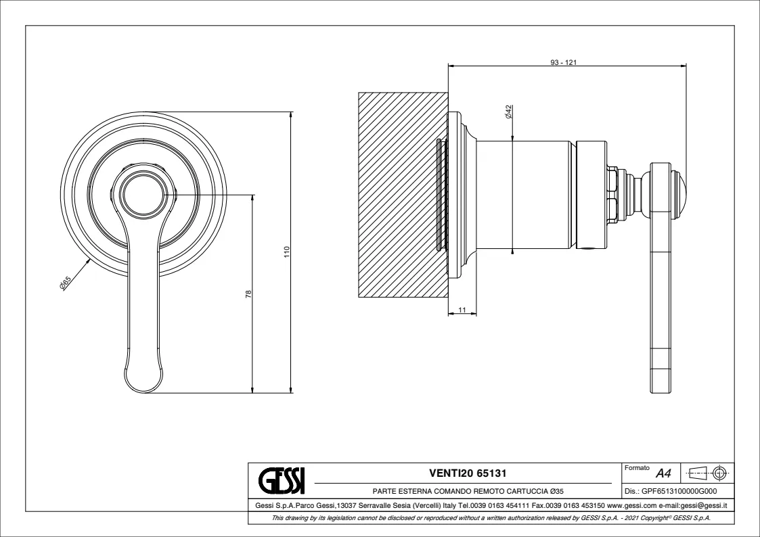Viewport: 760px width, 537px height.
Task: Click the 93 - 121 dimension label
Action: pos(563,62)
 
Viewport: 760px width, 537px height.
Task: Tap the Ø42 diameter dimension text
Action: pos(508,112)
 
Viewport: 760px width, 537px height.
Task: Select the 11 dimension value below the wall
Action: pos(462,309)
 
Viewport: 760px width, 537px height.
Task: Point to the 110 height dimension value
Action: pos(286,252)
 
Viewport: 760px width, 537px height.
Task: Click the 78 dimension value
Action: pos(248,294)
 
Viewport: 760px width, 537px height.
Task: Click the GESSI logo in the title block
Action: pos(282,480)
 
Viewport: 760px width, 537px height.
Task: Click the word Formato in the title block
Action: pos(637,468)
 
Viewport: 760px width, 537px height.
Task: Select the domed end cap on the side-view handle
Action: pos(681,196)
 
